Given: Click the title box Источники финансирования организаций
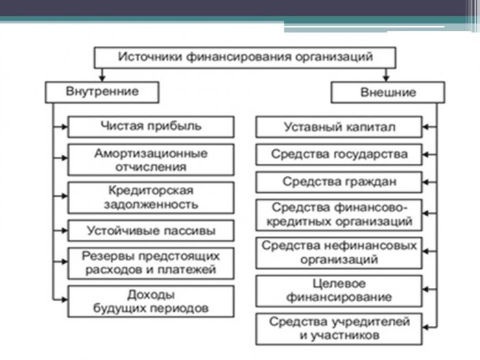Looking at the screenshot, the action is pyautogui.click(x=245, y=58).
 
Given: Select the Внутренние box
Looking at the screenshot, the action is pyautogui.click(x=102, y=92).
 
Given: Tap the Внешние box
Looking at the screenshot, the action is pyautogui.click(x=388, y=92).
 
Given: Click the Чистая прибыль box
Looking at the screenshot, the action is pyautogui.click(x=151, y=127).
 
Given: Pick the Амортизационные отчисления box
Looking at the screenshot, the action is pyautogui.click(x=151, y=160).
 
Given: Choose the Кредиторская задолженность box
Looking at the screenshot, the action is pyautogui.click(x=151, y=197).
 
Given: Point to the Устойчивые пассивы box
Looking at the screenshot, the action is pyautogui.click(x=151, y=230).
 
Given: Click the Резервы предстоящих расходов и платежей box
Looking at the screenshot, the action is pyautogui.click(x=151, y=263).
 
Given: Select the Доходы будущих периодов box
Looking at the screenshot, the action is pyautogui.click(x=151, y=301).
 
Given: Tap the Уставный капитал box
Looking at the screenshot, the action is pyautogui.click(x=339, y=127).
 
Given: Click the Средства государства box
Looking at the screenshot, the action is pyautogui.click(x=339, y=154).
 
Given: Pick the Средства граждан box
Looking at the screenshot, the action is pyautogui.click(x=339, y=182).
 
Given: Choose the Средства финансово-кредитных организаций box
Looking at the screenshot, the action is pyautogui.click(x=339, y=215).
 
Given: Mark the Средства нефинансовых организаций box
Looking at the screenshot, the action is pyautogui.click(x=339, y=253).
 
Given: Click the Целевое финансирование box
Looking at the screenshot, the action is pyautogui.click(x=339, y=291).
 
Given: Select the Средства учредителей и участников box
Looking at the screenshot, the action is pyautogui.click(x=339, y=329).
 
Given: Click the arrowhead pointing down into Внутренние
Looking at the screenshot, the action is pyautogui.click(x=102, y=78).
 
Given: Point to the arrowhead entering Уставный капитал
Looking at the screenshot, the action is pyautogui.click(x=426, y=127).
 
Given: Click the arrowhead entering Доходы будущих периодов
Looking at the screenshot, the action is pyautogui.click(x=64, y=300).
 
